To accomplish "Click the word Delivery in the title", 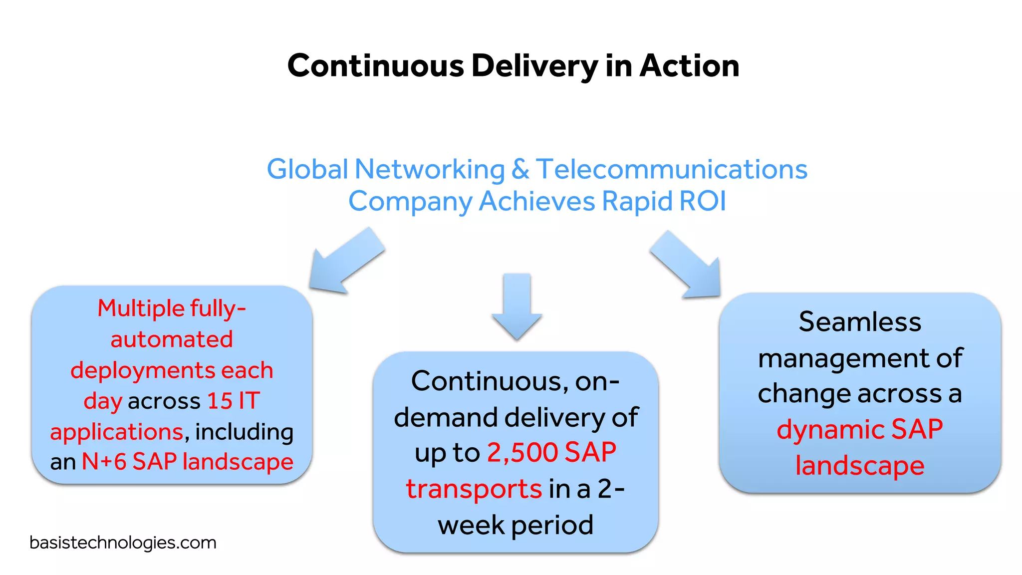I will point(534,66).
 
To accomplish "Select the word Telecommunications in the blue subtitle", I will point(672,169).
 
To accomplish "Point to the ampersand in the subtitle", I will point(520,169).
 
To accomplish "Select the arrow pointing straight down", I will point(516,305).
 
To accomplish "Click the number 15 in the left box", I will point(220,401).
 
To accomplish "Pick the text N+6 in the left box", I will point(104,462).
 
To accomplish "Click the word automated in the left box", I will point(172,339).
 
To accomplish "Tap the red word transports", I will point(474,489).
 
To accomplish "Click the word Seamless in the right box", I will point(860,321).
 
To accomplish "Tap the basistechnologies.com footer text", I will point(123,543).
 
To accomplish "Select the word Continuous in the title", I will point(376,66).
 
